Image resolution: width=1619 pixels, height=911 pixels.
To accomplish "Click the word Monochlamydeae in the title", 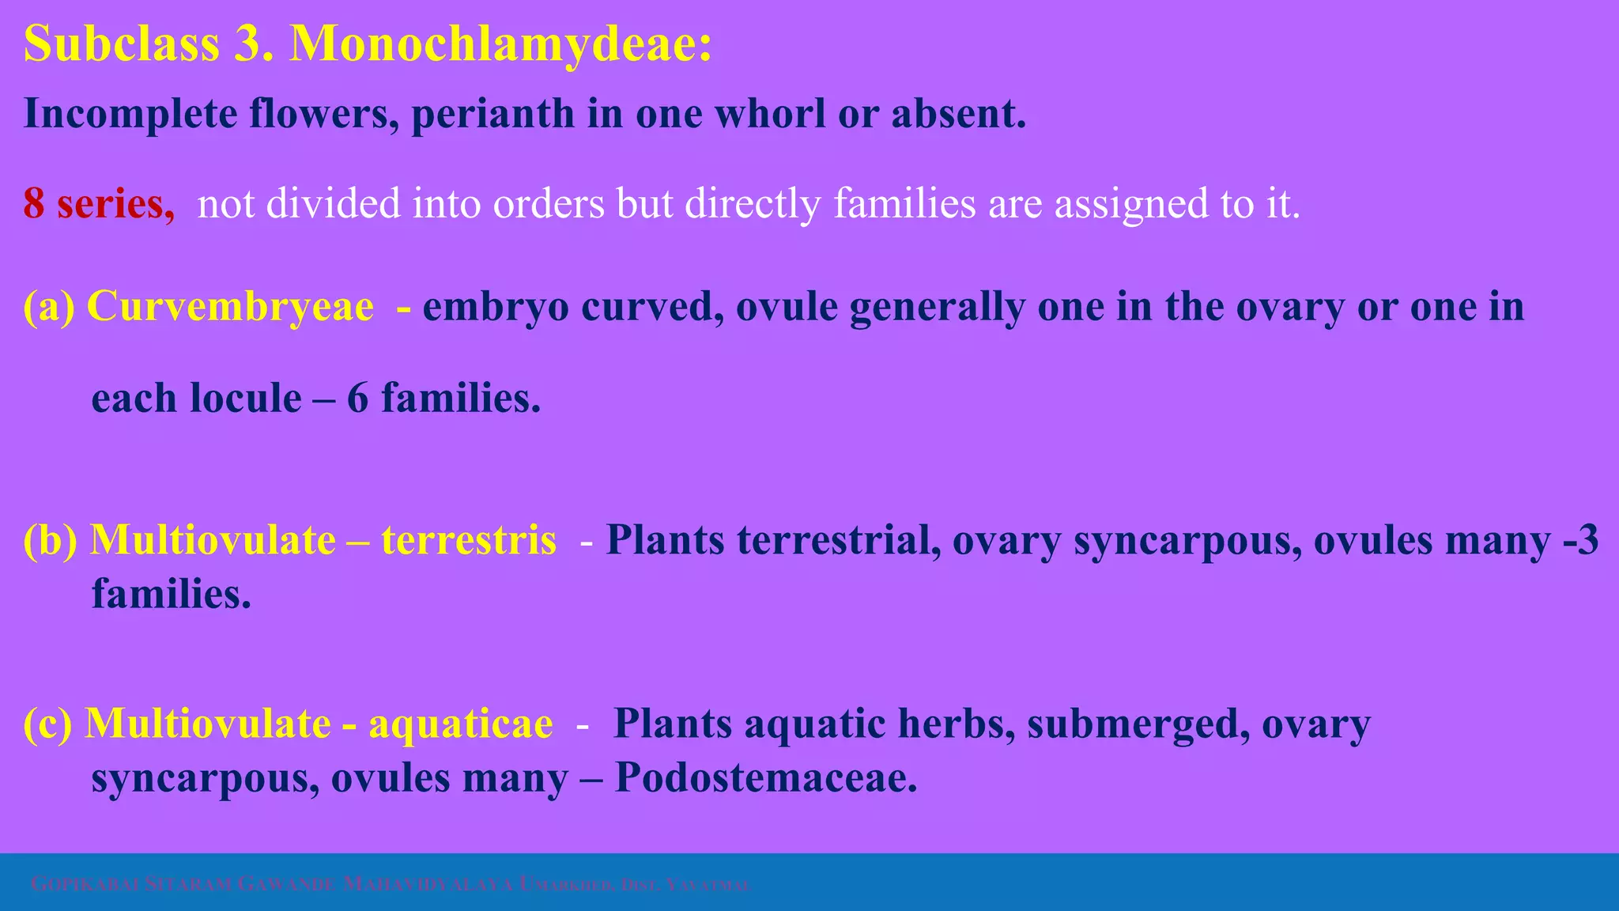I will (x=501, y=44).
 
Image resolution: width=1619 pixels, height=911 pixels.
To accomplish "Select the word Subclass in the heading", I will (x=122, y=44).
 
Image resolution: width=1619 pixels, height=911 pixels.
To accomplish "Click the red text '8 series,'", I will (x=99, y=204).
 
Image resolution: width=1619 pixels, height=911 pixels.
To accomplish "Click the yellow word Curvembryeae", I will (x=230, y=307).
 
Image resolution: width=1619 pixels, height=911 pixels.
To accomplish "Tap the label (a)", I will (x=48, y=307).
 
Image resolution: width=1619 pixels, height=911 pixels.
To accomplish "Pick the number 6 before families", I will (x=357, y=398).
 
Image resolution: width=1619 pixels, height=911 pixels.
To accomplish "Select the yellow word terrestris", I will (x=469, y=541).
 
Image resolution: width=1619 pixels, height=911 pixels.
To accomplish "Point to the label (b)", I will (x=50, y=541).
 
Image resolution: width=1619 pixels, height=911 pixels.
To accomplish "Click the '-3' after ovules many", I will (x=1581, y=541).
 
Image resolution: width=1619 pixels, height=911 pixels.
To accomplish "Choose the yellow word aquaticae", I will (x=461, y=724).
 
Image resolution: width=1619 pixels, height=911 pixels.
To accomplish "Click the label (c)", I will (x=47, y=724).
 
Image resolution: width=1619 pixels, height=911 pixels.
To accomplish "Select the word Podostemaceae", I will (x=765, y=778).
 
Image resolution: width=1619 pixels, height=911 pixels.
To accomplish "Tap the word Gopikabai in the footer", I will (x=85, y=884).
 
